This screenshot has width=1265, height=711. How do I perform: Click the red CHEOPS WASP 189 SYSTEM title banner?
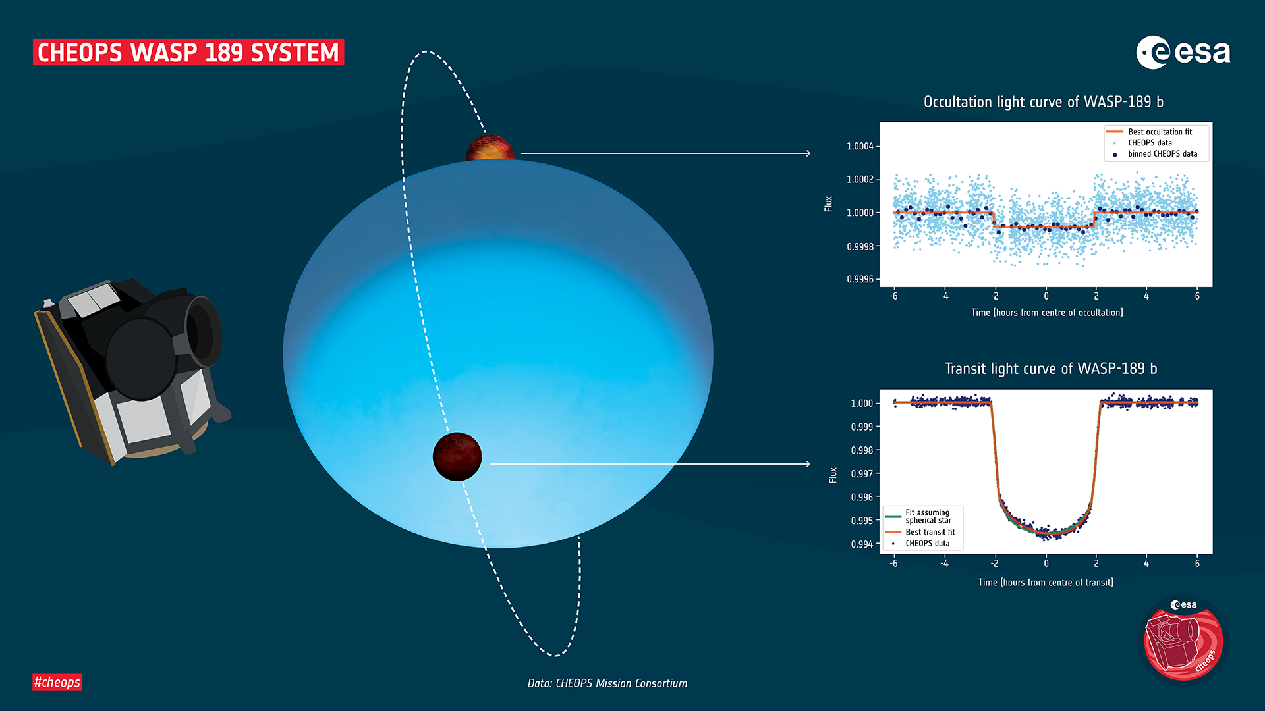pos(188,53)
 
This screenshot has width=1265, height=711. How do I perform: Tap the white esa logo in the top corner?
pos(1183,52)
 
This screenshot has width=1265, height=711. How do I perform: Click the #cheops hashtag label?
pos(57,682)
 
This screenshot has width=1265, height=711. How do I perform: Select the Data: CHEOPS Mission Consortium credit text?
pos(607,683)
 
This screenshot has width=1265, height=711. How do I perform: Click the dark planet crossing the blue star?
pos(457,457)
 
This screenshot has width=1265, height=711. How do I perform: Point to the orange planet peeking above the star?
pos(490,149)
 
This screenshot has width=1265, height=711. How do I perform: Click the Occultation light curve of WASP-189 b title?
pos(1043,102)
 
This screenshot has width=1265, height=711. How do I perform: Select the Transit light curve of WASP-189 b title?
pos(1050,369)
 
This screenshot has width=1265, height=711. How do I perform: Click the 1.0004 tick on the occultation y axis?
pos(860,146)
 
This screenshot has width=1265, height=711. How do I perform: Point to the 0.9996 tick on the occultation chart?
pos(860,279)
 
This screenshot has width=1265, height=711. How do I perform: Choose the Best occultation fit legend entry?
pos(1159,132)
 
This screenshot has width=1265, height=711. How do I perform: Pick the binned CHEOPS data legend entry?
pos(1162,154)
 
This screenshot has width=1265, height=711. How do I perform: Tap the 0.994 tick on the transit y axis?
pos(861,544)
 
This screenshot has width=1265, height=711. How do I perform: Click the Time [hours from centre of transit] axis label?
pos(1046,583)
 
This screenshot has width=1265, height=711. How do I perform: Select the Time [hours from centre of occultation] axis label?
pos(1047,313)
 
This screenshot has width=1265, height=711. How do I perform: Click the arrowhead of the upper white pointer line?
pos(808,153)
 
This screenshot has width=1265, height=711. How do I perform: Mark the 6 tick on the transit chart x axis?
pos(1196,564)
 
